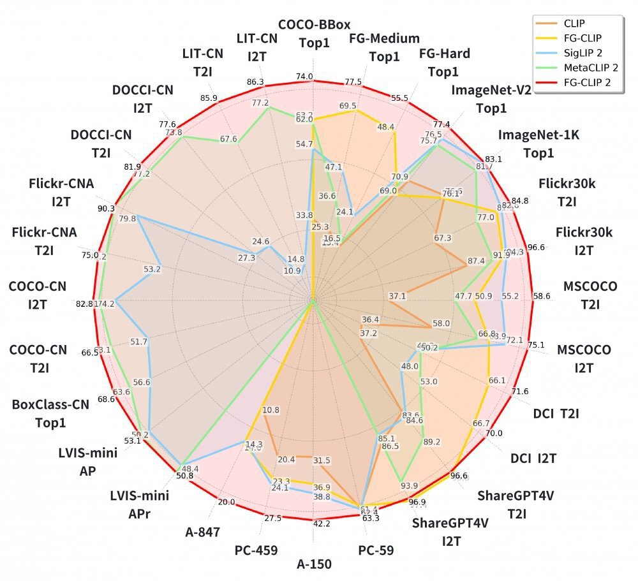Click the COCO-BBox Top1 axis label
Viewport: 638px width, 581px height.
coord(313,35)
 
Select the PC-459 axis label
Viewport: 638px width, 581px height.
coord(255,550)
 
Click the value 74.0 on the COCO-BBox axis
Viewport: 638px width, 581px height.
coord(305,77)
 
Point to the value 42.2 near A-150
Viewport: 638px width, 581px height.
coord(322,524)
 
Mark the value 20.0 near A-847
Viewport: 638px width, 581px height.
coord(226,502)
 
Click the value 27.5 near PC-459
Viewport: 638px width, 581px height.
coord(272,518)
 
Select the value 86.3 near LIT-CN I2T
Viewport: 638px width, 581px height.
coord(255,82)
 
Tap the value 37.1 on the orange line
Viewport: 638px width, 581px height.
coord(397,296)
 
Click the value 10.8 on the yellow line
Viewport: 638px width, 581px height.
coord(271,410)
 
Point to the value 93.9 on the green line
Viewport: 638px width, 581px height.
coord(409,486)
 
